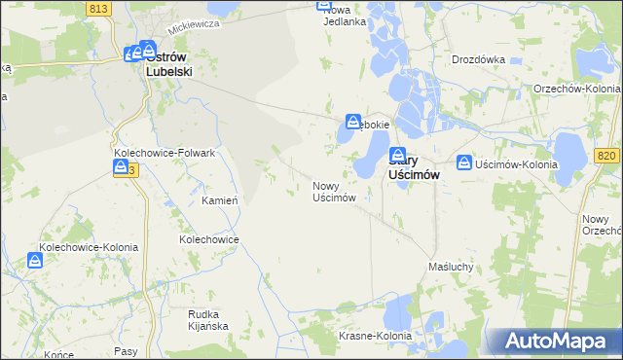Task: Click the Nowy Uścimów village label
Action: [333, 191]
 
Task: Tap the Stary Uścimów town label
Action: [418, 166]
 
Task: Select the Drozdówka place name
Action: [478, 59]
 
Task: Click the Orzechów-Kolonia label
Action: [577, 89]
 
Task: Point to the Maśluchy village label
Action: [451, 266]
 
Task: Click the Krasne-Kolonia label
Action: [376, 336]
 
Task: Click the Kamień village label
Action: [220, 200]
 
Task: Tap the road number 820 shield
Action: [607, 155]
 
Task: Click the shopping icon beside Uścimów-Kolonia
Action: [464, 163]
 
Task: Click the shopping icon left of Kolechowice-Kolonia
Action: [35, 261]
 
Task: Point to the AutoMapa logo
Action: [562, 342]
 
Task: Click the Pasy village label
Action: [126, 350]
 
